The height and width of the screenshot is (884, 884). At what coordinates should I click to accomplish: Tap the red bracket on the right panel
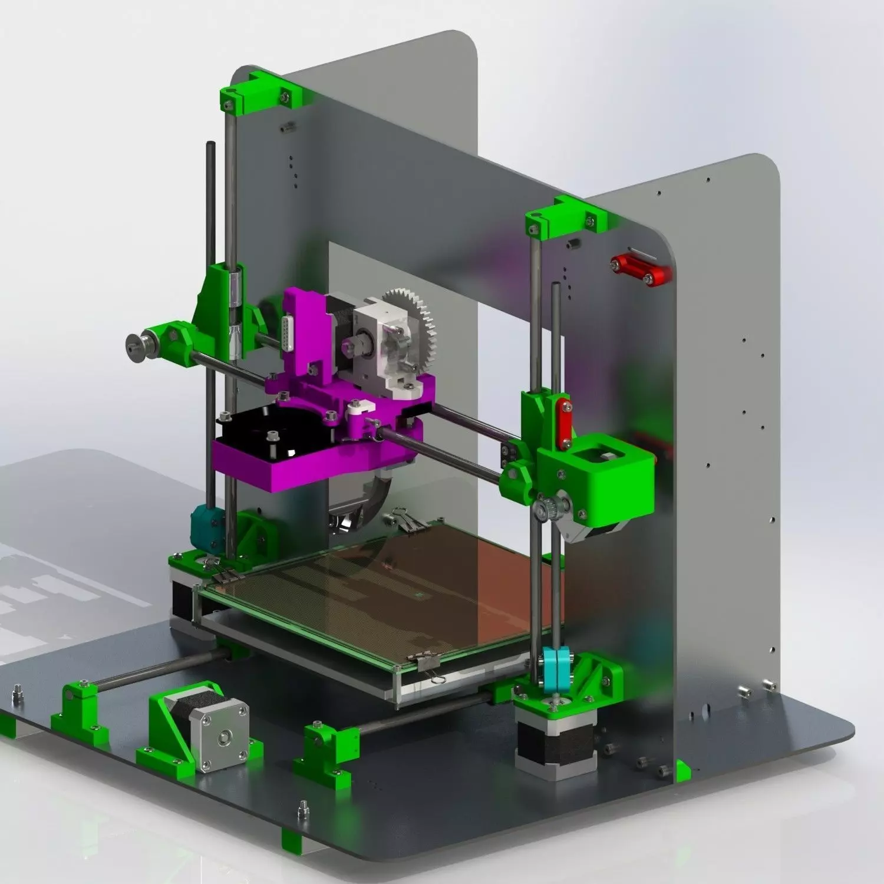641,269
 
